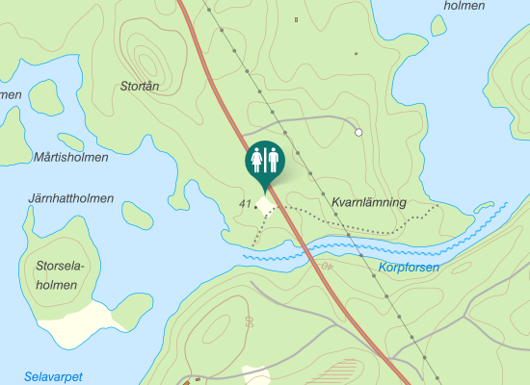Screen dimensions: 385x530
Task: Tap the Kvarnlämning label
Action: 368,203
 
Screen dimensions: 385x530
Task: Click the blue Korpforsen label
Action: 409,268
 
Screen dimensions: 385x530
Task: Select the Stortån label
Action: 140,86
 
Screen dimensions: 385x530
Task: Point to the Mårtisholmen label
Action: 70,156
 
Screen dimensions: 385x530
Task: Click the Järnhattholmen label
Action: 70,198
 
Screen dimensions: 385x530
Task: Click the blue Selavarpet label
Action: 53,375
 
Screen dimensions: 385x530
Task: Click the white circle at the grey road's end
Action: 358,132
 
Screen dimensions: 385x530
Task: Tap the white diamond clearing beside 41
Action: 266,204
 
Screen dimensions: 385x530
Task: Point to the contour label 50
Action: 249,321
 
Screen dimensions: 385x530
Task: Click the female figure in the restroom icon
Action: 257,159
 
